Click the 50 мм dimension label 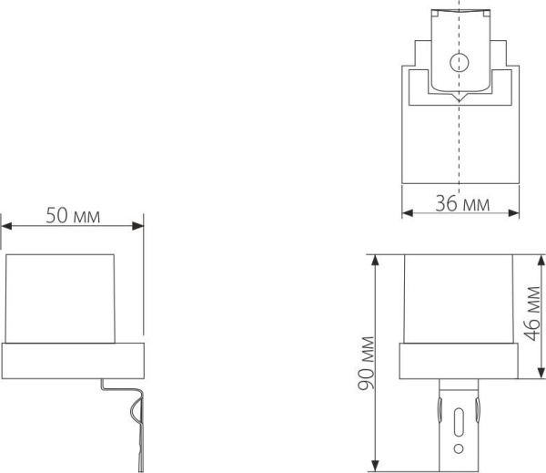pos(73,215)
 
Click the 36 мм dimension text pos(461,204)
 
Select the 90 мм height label pos(365,360)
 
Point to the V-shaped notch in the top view pos(460,95)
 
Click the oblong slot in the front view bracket pos(460,425)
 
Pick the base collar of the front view pos(460,362)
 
